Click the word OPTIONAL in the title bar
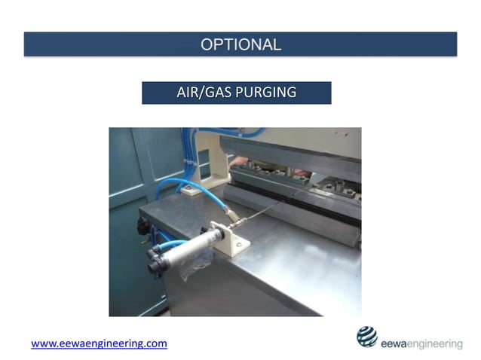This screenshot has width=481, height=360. pos(240,44)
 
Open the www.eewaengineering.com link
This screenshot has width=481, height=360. pos(99,343)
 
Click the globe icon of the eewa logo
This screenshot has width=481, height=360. pos(367,337)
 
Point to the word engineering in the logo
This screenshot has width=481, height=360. pos(433,344)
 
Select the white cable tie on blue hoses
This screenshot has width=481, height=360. pos(188,163)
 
